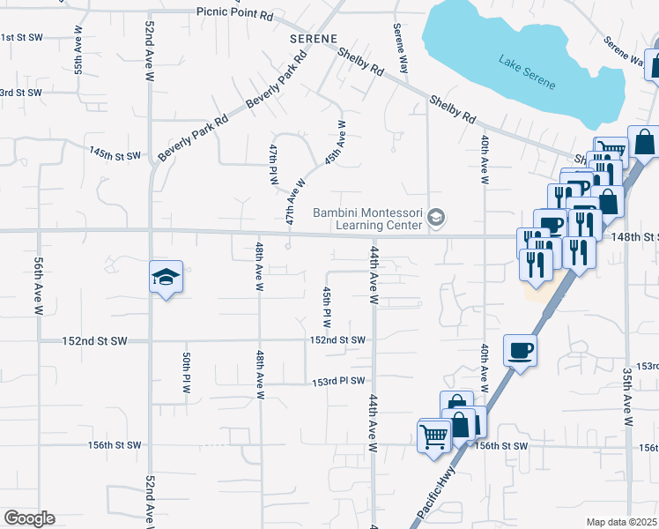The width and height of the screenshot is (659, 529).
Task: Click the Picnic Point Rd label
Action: pyautogui.click(x=235, y=15)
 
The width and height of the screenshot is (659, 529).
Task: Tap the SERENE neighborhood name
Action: pyautogui.click(x=314, y=40)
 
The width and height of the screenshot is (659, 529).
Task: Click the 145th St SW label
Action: pyautogui.click(x=115, y=154)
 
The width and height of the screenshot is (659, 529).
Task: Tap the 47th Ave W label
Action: pyautogui.click(x=294, y=201)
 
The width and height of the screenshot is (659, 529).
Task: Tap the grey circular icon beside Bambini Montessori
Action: pyautogui.click(x=435, y=217)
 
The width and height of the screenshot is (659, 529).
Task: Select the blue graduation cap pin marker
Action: pyautogui.click(x=165, y=278)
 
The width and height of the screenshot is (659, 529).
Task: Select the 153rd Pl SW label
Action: pyautogui.click(x=337, y=382)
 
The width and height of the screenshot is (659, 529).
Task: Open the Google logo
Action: pyautogui.click(x=29, y=518)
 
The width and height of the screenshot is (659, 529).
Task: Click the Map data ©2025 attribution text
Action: pyautogui.click(x=622, y=522)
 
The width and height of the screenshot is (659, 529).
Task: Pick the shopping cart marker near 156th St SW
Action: pyautogui.click(x=433, y=436)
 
